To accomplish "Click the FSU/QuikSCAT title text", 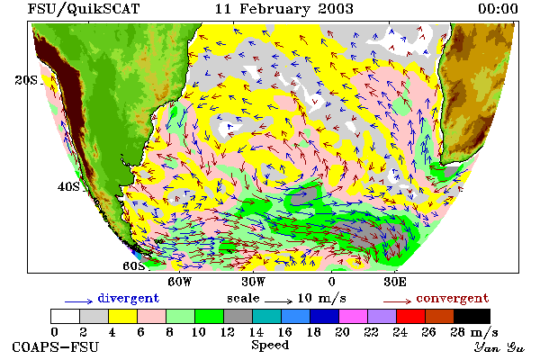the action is pos(84,9).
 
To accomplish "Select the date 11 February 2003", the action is pos(284,9).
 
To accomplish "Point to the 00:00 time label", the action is pos(498,9).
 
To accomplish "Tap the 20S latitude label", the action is pos(26,80).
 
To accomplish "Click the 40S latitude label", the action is pos(68,186).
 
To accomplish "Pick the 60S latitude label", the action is pos(134,266).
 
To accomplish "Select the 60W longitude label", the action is pos(180,282).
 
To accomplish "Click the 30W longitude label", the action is pos(254,282).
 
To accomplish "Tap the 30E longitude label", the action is pos(395,282).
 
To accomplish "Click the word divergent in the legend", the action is pos(129,298).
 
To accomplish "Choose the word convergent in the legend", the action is pos(453,298).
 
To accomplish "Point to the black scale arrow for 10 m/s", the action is pos(279,301).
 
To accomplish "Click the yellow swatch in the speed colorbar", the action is pos(122,316).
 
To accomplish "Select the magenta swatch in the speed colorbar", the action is pos(353,316).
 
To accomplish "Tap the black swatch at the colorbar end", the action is pos(472,316).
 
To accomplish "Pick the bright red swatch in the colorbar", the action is pos(410,316).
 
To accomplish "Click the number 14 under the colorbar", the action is pos(256,332).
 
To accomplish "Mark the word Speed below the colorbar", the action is pos(270,345).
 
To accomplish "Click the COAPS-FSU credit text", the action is pos(56,346).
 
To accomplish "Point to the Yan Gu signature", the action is pos(499,347).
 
